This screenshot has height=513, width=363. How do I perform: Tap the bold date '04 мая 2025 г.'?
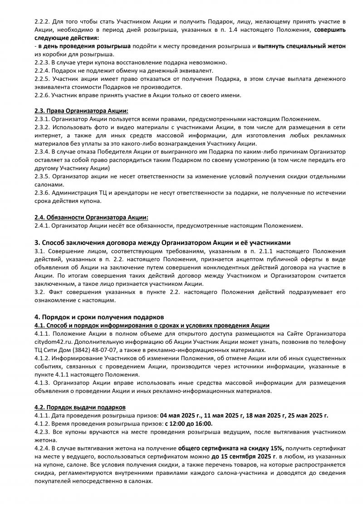point(180,415)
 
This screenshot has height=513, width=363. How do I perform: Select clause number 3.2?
point(39,292)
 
